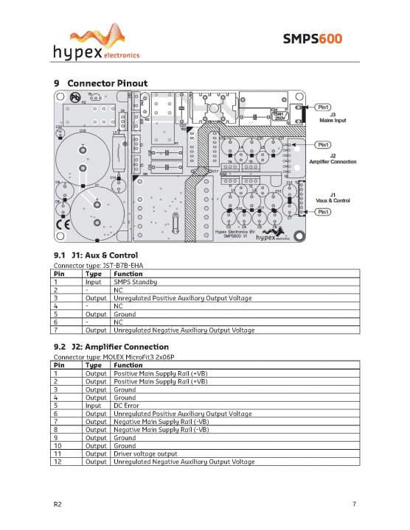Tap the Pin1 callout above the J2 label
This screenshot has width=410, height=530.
pyautogui.click(x=326, y=144)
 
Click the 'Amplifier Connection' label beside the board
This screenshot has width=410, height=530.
pyautogui.click(x=333, y=161)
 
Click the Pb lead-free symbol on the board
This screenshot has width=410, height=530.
pyautogui.click(x=74, y=97)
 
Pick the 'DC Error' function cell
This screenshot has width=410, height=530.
pyautogui.click(x=129, y=405)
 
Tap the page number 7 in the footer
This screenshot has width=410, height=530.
pyautogui.click(x=354, y=504)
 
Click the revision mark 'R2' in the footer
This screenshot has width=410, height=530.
pyautogui.click(x=58, y=504)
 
